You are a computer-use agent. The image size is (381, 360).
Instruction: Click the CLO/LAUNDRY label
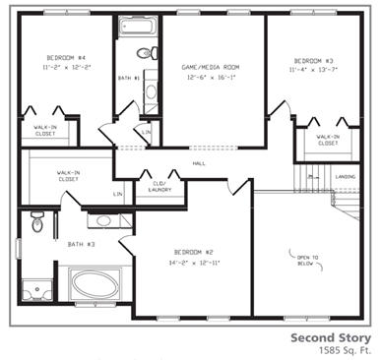[x=159, y=186]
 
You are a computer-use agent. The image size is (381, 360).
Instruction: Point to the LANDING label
[x=346, y=177]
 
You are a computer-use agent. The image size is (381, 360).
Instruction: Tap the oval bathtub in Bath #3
[x=95, y=287]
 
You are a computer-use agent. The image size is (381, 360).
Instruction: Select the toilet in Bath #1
[x=145, y=53]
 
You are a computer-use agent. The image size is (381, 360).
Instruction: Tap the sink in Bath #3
[x=103, y=221]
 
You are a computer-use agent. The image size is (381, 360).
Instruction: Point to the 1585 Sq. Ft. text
[x=341, y=349]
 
